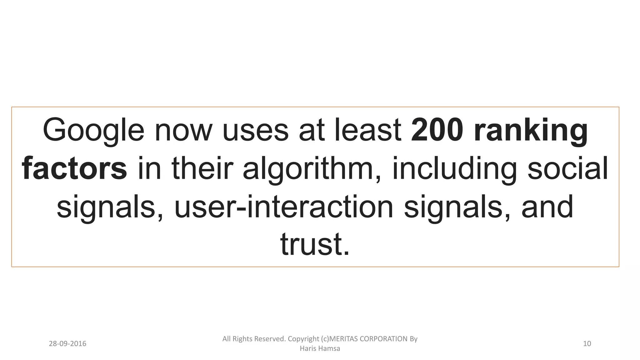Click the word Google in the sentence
coord(93,130)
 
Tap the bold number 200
coord(437,130)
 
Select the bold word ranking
coord(531,130)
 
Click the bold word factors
coord(74,168)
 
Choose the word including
coord(455,168)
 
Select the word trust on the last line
coord(314,244)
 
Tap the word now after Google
coord(183,130)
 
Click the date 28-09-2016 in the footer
coord(67,344)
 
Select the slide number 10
coord(587,344)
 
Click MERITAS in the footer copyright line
coord(343,339)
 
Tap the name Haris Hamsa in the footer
coord(320,348)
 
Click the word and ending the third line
coord(547,207)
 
